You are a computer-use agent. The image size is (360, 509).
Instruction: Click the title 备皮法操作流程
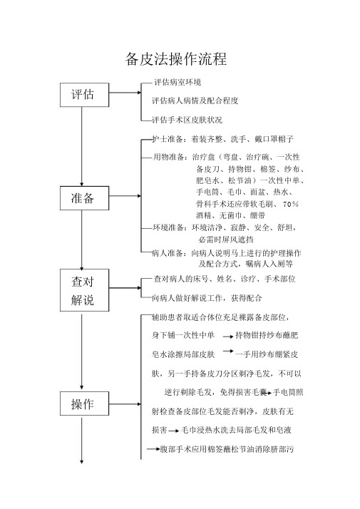pos(176,59)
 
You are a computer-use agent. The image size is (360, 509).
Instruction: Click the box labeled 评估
pos(84,95)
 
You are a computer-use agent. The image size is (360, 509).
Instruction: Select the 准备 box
pos(84,198)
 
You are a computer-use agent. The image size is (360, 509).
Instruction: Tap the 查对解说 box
pos(84,290)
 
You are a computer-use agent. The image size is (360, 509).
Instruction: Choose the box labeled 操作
pos(84,403)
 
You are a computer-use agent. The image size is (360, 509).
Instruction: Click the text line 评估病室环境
pos(178,82)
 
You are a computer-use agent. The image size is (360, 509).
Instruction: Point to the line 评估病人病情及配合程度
pos(195,101)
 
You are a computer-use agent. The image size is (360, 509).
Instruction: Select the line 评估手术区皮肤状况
pos(187,120)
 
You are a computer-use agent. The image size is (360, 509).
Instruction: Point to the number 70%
pos(291,204)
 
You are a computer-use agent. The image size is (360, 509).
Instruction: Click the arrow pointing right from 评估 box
pos(125,93)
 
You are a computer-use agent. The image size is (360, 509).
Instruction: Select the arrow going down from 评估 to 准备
pos(81,146)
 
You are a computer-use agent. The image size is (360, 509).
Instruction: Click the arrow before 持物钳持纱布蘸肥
pos(228,336)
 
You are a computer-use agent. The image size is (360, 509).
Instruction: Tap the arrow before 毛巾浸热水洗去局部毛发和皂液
pos(173,431)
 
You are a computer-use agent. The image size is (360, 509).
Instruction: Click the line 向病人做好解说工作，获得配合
pos(207,298)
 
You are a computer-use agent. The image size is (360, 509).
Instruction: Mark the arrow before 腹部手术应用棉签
pos(153,449)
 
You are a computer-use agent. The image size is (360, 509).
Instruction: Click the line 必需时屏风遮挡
pos(226,240)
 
